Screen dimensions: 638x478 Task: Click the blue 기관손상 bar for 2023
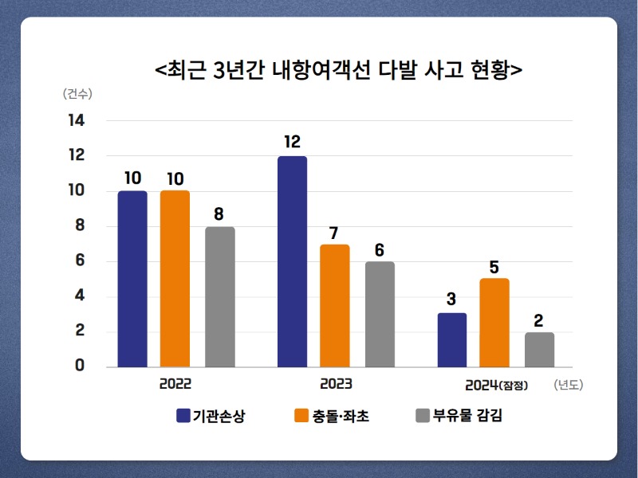(292, 262)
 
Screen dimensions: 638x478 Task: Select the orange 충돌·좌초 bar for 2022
(175, 279)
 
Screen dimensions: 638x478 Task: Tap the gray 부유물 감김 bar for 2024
(540, 350)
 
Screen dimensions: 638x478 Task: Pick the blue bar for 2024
(452, 340)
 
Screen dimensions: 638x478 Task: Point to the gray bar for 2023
(380, 315)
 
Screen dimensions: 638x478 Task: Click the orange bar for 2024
(494, 323)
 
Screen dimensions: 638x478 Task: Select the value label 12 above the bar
(292, 142)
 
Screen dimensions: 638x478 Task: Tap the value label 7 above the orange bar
(333, 233)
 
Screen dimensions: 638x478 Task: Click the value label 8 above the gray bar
(219, 214)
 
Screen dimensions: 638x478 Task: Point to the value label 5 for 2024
(494, 268)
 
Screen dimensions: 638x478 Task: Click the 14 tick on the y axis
(77, 120)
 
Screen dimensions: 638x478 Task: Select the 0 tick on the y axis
(80, 365)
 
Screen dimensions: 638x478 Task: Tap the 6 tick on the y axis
(80, 261)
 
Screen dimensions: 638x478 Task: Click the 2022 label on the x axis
(175, 384)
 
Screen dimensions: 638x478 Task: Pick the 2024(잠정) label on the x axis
(496, 385)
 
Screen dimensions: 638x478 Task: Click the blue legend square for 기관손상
(183, 415)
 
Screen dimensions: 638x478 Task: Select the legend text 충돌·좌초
(341, 416)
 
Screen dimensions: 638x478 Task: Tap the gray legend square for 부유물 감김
(423, 415)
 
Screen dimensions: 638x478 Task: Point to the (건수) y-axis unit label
(77, 94)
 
